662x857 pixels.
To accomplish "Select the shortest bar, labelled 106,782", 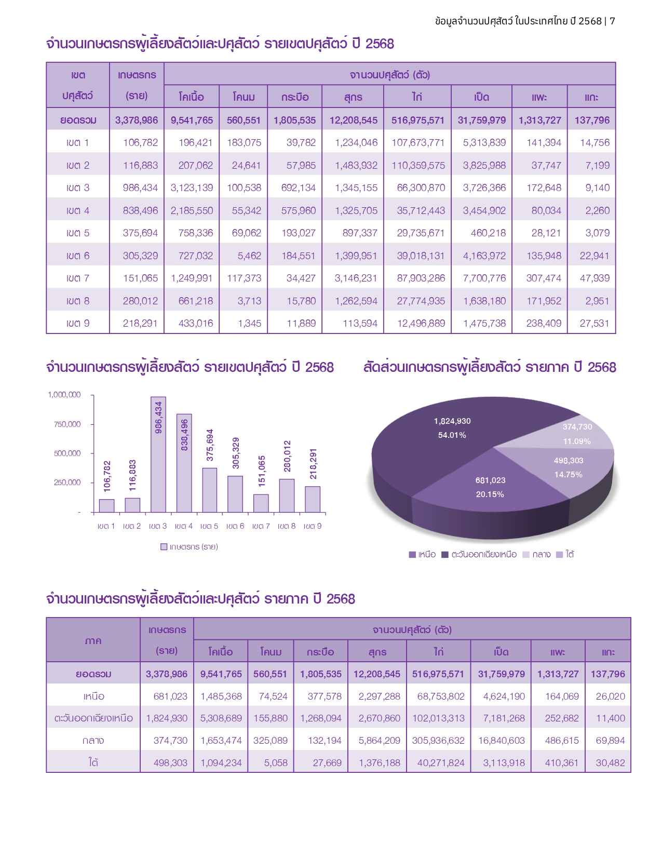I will (106, 506).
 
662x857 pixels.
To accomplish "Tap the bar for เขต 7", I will (261, 503).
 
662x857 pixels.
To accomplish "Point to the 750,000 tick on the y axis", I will (67, 424).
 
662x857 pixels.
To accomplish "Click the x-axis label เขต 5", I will (209, 526).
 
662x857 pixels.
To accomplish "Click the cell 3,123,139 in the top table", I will (192, 188).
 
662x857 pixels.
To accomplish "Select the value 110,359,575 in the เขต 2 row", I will (418, 166).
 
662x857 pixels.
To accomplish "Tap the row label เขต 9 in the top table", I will (78, 324).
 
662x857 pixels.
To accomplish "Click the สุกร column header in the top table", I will (353, 97).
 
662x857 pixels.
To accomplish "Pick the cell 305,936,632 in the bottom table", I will (438, 741).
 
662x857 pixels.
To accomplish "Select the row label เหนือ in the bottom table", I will (93, 697).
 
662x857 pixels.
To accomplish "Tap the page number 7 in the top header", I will (613, 21).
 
